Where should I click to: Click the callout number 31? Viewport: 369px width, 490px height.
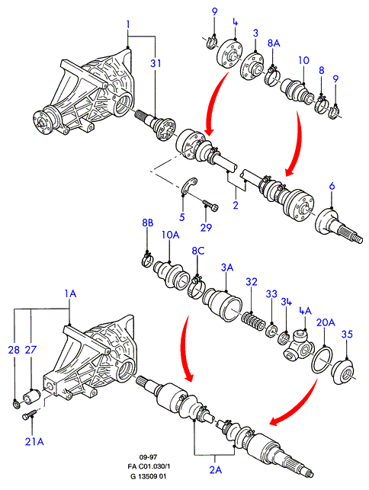click(156, 63)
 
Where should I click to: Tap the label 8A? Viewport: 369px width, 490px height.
click(274, 43)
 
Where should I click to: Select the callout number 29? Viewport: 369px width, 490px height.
click(206, 227)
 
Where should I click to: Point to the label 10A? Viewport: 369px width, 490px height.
click(171, 235)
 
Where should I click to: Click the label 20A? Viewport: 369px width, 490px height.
click(326, 322)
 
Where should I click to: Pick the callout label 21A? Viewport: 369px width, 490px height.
click(34, 441)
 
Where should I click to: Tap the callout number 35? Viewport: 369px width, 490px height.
click(347, 335)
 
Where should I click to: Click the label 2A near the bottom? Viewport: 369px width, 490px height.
click(216, 469)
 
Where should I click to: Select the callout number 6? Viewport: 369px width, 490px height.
click(332, 186)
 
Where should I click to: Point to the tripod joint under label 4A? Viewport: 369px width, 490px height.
click(298, 347)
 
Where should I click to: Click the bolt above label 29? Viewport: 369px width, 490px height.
click(211, 205)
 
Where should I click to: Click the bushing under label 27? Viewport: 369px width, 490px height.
click(30, 396)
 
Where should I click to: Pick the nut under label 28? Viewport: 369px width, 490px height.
click(15, 404)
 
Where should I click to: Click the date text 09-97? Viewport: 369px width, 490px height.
click(148, 457)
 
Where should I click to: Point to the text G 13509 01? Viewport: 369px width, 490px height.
click(148, 476)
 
